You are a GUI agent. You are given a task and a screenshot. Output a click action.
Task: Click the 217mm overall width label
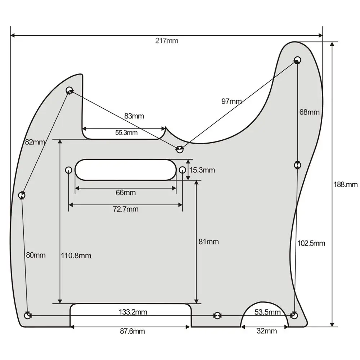coord(167,41)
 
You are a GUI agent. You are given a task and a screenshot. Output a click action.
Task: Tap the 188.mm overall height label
coord(346,185)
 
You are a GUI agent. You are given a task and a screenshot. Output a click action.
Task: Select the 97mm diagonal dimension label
coord(231,101)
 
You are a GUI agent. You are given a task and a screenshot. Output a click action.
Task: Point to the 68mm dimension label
coord(309,112)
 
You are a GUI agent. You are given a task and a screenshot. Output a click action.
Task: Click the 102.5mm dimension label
coord(311,243)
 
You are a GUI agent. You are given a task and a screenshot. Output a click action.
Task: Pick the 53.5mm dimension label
coord(267,312)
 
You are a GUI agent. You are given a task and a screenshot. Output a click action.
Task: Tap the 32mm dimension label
coord(267,331)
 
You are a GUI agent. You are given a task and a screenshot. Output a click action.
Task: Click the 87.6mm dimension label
coord(132,331)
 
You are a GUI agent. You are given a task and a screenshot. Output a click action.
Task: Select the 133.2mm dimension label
coord(133,312)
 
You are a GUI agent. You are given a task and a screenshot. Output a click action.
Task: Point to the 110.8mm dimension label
coord(76,256)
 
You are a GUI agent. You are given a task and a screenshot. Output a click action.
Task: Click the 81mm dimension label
coord(208,242)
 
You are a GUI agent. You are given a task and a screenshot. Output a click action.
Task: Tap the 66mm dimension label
coord(126,193)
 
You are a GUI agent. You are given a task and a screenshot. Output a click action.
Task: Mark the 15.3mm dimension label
coord(202,170)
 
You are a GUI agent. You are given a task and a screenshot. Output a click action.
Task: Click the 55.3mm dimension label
coord(126,132)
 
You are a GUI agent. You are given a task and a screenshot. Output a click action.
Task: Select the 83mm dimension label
coord(134,116)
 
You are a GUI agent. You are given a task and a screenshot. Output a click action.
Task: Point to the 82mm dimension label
coord(35,142)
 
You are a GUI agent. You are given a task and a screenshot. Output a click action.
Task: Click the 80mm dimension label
coord(36,255)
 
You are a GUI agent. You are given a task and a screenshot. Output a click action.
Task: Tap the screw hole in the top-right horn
coord(297,59)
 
